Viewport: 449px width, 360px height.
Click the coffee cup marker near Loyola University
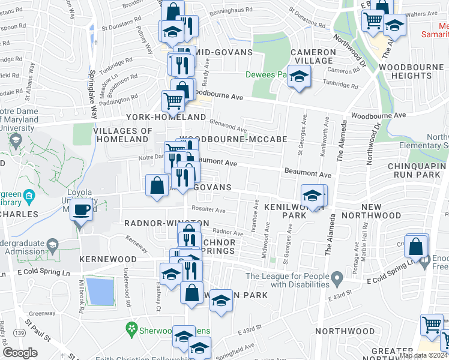click(x=81, y=211)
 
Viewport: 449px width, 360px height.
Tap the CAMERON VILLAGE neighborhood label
click(x=313, y=56)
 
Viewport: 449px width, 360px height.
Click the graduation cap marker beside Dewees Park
click(x=299, y=78)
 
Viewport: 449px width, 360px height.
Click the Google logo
click(x=20, y=352)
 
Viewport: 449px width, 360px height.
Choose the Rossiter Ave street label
click(x=208, y=210)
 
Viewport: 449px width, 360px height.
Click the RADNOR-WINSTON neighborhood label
click(x=166, y=223)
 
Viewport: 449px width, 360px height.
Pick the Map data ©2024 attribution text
click(x=423, y=355)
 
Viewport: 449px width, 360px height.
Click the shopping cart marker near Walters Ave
click(x=373, y=22)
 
